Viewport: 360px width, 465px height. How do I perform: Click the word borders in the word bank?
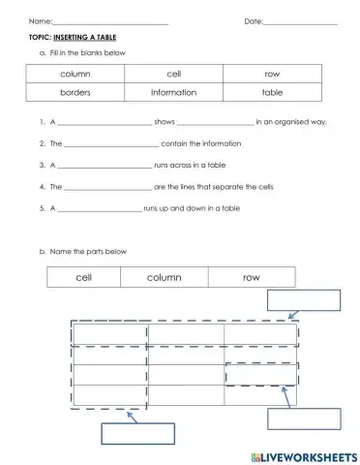pos(75,93)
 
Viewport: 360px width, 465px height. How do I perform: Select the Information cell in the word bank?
pos(173,93)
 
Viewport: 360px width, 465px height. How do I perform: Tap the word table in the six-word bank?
pos(272,93)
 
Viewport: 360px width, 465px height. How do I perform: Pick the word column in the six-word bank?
pos(75,74)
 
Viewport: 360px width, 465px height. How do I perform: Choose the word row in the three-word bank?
pos(251,277)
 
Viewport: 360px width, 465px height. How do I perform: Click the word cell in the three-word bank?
pos(83,277)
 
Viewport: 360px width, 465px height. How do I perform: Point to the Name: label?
pos(40,21)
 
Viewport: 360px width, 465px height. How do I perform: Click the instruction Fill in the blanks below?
pos(89,52)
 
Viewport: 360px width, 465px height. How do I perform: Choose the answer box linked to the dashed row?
pos(305,299)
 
